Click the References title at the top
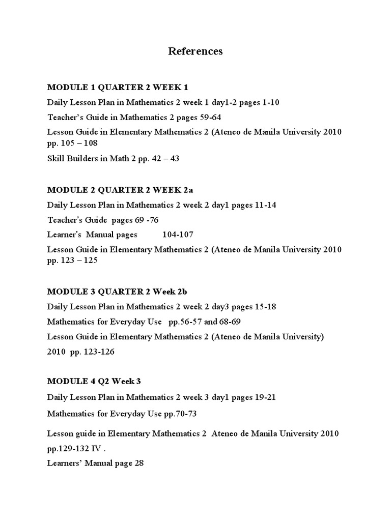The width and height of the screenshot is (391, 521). coord(195,51)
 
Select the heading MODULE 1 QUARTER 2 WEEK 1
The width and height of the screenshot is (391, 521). coord(114,87)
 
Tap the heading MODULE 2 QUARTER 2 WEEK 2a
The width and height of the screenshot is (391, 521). coord(120,190)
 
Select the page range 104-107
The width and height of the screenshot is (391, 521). coord(178,235)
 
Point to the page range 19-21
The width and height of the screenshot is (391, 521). coord(264,397)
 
